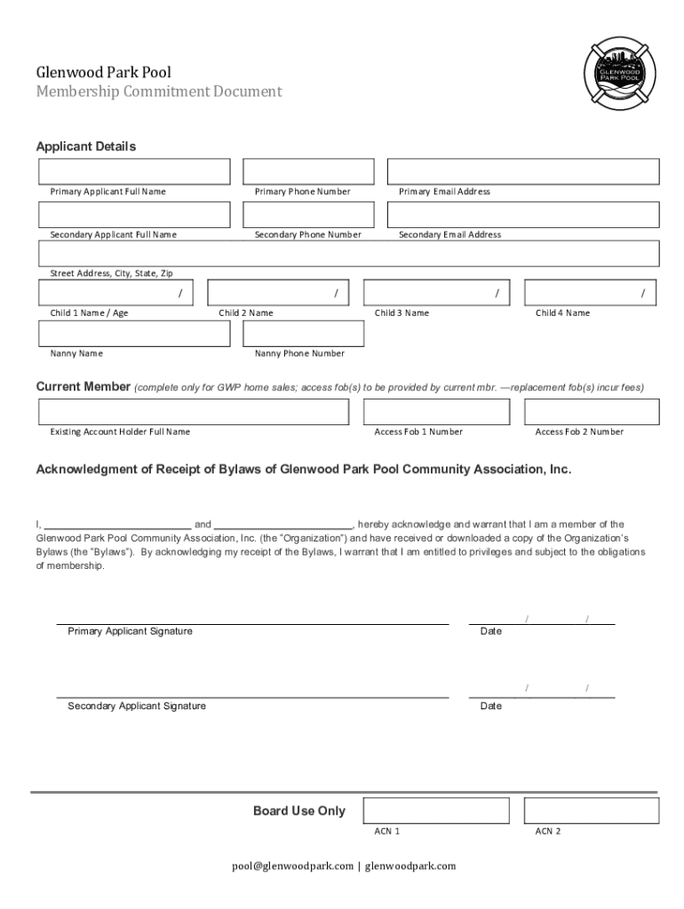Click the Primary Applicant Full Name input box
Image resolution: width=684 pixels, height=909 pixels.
click(134, 171)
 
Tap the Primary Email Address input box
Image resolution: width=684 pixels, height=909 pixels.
click(523, 171)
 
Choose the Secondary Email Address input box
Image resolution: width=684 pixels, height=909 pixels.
click(523, 215)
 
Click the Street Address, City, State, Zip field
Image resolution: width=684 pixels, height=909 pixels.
click(348, 254)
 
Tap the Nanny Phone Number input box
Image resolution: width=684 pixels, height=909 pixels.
click(303, 333)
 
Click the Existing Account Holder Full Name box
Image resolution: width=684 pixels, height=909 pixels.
click(194, 412)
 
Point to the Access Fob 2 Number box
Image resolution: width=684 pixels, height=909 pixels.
click(592, 412)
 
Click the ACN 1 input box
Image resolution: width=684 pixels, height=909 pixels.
click(436, 810)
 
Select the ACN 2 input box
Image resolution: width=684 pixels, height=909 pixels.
click(592, 810)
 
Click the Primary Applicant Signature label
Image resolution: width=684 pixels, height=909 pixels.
click(130, 631)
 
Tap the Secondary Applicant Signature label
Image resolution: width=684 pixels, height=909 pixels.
click(137, 706)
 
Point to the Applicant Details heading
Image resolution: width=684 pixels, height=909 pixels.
click(85, 146)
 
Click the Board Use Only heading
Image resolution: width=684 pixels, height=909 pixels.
click(298, 810)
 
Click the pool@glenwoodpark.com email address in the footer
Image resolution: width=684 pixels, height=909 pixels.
click(292, 866)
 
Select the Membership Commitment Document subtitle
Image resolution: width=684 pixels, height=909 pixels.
click(158, 91)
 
